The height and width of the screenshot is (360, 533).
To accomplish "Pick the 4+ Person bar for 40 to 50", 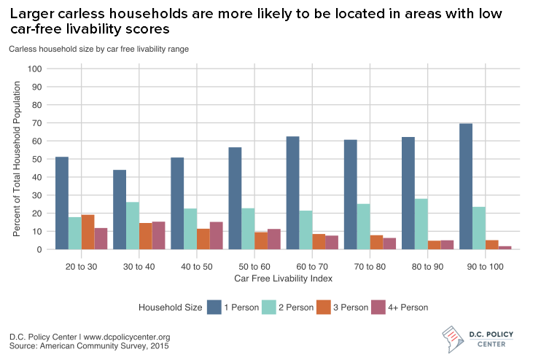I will [x=217, y=235].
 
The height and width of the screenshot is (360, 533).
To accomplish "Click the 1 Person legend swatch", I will [x=214, y=308].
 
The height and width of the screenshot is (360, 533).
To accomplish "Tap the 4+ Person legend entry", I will [x=409, y=308].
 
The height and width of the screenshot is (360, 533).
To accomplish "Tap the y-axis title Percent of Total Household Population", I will [x=15, y=159].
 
